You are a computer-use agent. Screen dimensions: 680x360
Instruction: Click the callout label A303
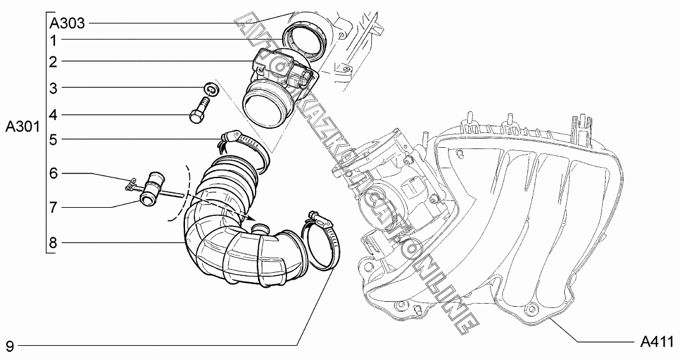pos(67,22)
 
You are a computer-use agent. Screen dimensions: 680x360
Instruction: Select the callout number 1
pos(53,41)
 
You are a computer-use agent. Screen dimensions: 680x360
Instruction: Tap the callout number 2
pos(53,62)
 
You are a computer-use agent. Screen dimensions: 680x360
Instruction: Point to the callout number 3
pos(53,88)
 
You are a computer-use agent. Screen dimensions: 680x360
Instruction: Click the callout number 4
pos(53,116)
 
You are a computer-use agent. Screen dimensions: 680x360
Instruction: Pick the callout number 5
pos(53,140)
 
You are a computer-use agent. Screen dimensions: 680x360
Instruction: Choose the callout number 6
pos(53,173)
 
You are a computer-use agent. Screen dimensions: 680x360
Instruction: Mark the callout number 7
pos(53,207)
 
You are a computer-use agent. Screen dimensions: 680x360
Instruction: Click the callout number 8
pos(53,243)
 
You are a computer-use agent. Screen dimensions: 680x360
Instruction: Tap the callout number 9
pos(10,346)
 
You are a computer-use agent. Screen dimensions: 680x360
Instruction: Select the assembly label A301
pos(22,127)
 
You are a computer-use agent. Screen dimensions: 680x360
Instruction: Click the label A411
pos(657,341)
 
